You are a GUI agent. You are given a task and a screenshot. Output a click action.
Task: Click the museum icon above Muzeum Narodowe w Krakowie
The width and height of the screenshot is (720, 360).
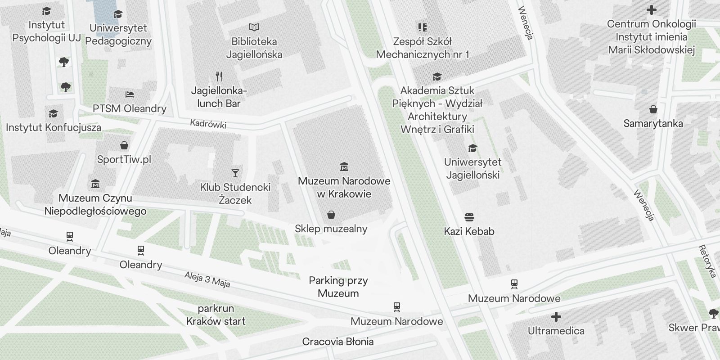click(344, 167)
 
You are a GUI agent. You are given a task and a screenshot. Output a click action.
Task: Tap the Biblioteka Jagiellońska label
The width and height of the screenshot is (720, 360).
click(254, 48)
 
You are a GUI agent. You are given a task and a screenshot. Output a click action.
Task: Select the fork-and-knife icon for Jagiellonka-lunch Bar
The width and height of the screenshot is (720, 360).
click(219, 76)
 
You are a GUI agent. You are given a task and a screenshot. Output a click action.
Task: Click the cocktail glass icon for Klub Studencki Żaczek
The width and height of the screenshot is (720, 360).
click(235, 173)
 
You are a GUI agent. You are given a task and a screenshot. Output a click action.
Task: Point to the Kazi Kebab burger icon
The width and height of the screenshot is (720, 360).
click(469, 218)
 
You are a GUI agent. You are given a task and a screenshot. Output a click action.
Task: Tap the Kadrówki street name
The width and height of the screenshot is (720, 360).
click(208, 124)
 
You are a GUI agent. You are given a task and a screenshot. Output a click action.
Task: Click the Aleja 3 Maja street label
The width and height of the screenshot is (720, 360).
click(207, 279)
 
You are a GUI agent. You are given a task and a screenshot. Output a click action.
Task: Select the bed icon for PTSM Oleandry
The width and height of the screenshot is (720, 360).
click(130, 94)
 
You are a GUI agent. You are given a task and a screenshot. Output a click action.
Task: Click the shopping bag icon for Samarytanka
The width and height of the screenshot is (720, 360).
click(653, 109)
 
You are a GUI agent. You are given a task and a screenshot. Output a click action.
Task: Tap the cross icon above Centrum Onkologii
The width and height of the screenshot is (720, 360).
click(651, 9)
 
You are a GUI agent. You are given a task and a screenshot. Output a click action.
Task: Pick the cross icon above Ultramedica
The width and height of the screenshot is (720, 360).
click(556, 317)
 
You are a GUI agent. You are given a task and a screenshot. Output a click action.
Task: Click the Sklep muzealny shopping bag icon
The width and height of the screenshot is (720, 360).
click(331, 215)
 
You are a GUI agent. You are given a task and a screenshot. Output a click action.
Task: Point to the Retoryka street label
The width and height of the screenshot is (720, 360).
click(707, 261)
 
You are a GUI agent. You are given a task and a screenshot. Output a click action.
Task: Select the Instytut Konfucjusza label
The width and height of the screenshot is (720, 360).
click(54, 127)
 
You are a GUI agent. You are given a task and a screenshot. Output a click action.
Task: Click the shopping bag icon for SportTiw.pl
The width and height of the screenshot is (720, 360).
click(124, 145)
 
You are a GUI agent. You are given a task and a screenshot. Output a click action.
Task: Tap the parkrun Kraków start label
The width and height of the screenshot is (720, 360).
click(216, 315)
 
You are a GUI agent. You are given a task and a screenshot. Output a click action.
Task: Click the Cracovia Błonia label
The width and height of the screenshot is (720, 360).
click(338, 342)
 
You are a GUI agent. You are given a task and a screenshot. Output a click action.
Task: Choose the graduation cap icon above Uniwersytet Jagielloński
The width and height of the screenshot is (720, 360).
click(472, 148)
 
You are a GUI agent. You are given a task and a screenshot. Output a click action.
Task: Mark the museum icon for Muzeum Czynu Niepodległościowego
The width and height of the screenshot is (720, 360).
click(95, 184)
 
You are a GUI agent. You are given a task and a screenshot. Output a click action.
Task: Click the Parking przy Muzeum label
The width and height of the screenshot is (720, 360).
click(338, 287)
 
